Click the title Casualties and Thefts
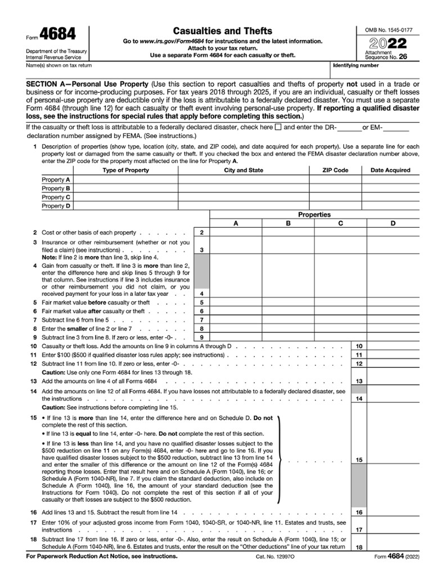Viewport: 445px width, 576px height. [x=222, y=31]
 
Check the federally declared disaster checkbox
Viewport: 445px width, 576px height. [x=278, y=127]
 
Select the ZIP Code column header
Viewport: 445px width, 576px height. [x=335, y=170]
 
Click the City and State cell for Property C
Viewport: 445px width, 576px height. [x=243, y=197]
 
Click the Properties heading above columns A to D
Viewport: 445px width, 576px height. [x=314, y=214]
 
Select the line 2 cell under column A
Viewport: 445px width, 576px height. [x=236, y=232]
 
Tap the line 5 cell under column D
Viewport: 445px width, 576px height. [x=393, y=302]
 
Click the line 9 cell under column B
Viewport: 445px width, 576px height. [x=288, y=337]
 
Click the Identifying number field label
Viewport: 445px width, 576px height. [x=356, y=65]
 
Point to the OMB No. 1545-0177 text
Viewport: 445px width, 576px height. [x=388, y=29]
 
